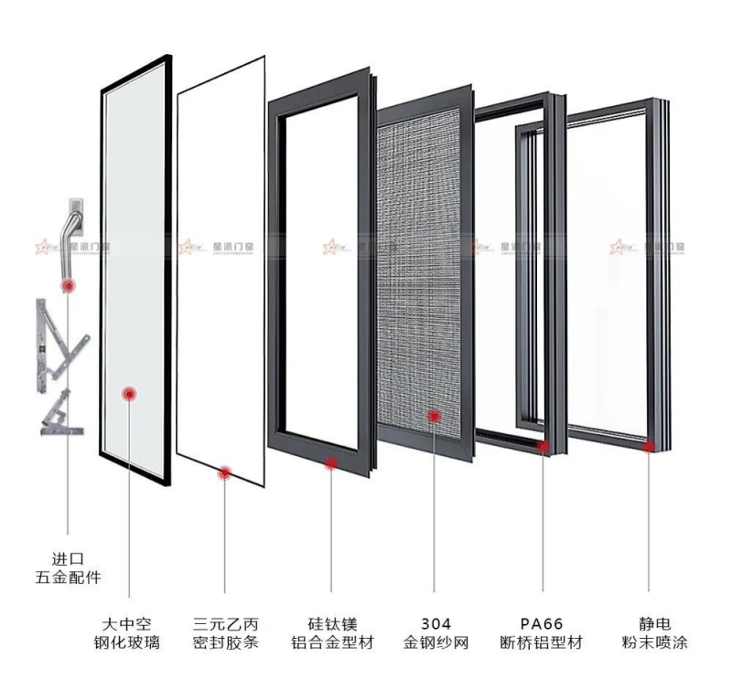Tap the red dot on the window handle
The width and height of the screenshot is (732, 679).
click(69, 286)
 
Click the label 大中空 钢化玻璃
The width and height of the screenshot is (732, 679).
click(129, 633)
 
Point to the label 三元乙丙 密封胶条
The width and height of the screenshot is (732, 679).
click(225, 633)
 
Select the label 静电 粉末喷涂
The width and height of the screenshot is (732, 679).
click(651, 633)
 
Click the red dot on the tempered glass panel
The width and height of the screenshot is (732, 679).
click(130, 393)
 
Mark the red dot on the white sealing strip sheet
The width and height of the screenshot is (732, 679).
click(224, 472)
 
